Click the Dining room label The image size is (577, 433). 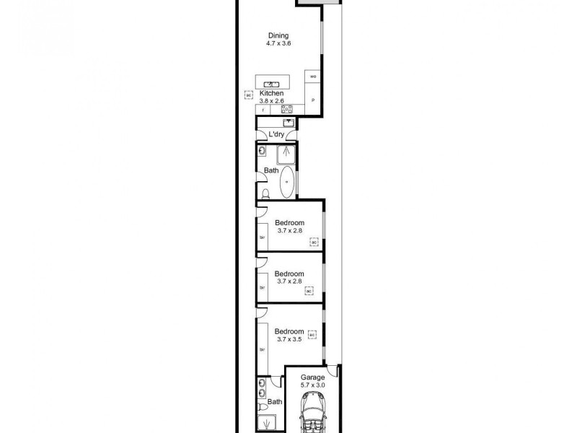pyautogui.click(x=278, y=35)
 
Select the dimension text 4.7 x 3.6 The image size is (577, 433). pyautogui.click(x=278, y=44)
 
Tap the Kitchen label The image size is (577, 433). pyautogui.click(x=272, y=94)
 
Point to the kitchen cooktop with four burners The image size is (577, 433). pyautogui.click(x=286, y=110)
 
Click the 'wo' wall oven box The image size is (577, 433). pyautogui.click(x=313, y=76)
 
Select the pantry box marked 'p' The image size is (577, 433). pyautogui.click(x=313, y=100)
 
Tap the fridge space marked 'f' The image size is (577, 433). pyautogui.click(x=264, y=110)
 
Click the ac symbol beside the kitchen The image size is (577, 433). pyautogui.click(x=248, y=95)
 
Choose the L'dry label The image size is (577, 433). pyautogui.click(x=276, y=135)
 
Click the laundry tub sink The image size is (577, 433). pyautogui.click(x=288, y=123)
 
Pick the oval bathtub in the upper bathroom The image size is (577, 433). pyautogui.click(x=286, y=183)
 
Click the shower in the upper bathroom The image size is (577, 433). pyautogui.click(x=287, y=152)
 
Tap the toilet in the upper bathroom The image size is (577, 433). pyautogui.click(x=265, y=193)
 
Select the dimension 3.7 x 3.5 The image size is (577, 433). pyautogui.click(x=289, y=338)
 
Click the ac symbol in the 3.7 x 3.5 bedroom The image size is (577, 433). pyautogui.click(x=312, y=335)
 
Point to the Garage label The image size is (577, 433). pyautogui.click(x=313, y=377)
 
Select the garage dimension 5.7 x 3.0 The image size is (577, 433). pyautogui.click(x=313, y=385)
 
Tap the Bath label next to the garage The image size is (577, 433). pyautogui.click(x=275, y=402)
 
